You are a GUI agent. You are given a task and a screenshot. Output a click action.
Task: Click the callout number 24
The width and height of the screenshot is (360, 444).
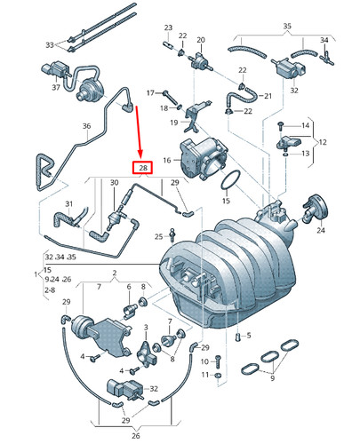coord(321,231)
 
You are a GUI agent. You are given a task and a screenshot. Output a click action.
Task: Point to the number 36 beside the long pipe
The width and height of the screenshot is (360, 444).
coord(86,127)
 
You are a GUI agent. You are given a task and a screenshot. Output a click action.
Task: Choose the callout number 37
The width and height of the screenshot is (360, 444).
coord(57,88)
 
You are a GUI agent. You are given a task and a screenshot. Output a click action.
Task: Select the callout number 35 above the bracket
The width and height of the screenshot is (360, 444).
coord(286,28)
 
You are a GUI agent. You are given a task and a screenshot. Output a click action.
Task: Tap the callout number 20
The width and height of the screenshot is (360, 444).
coord(201,40)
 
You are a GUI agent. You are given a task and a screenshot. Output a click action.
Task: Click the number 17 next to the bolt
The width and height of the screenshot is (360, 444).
coord(151,92)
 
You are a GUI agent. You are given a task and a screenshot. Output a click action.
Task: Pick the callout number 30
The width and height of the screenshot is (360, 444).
coord(114,183)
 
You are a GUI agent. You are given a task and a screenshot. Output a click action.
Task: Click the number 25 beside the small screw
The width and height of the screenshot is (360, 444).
coord(157,236)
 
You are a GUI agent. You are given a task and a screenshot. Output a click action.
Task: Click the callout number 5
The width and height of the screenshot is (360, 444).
coord(249,336)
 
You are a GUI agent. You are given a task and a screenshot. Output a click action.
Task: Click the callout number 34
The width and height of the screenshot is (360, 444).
coord(324,41)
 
